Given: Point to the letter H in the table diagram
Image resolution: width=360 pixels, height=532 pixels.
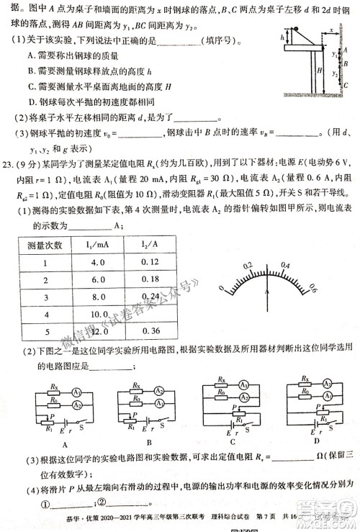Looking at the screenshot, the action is pos(319,90).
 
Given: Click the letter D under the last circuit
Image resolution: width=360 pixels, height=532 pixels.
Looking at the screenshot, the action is pos(316,440).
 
